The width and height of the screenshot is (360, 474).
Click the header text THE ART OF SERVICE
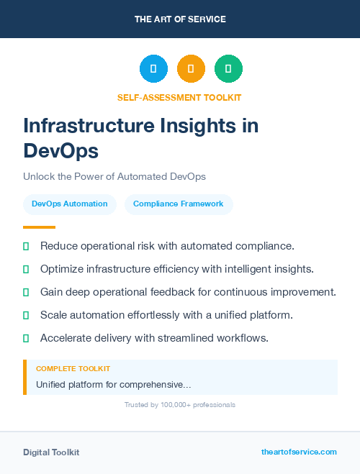tap(180, 19)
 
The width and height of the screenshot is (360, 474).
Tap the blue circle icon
tap(153, 69)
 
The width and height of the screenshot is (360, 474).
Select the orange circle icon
tap(191, 69)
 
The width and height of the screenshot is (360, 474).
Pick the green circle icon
tap(228, 69)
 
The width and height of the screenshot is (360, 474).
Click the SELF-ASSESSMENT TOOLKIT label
tap(179, 97)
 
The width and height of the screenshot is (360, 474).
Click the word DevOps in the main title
tap(60, 151)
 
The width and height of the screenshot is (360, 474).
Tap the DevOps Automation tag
tap(70, 204)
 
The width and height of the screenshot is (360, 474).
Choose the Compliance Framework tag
tap(179, 204)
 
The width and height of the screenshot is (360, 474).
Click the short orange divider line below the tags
tap(39, 227)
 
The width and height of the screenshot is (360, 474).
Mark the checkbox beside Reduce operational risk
tap(26, 247)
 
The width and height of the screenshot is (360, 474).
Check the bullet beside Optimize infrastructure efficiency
tap(26, 270)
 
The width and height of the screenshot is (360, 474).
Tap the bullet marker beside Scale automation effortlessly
tap(26, 315)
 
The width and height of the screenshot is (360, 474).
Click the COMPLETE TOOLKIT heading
tap(73, 369)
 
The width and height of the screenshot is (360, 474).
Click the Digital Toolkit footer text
tap(51, 452)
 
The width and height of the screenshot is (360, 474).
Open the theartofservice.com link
tap(299, 452)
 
